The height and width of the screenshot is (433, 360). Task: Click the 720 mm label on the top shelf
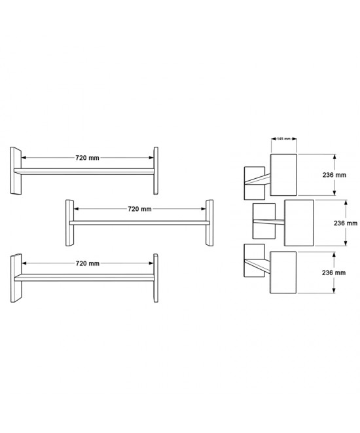(87, 158)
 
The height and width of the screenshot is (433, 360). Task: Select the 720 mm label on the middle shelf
(139, 209)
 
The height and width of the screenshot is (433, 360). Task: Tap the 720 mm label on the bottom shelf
(88, 263)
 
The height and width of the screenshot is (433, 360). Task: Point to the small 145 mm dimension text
(283, 139)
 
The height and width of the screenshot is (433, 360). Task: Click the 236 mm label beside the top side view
(334, 175)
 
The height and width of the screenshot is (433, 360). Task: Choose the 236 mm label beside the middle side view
(346, 223)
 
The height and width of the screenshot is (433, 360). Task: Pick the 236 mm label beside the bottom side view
(334, 273)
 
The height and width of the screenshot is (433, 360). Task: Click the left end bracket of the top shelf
(16, 171)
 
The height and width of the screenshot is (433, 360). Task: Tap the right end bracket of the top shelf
(156, 171)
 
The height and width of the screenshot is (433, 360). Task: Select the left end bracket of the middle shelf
(69, 223)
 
